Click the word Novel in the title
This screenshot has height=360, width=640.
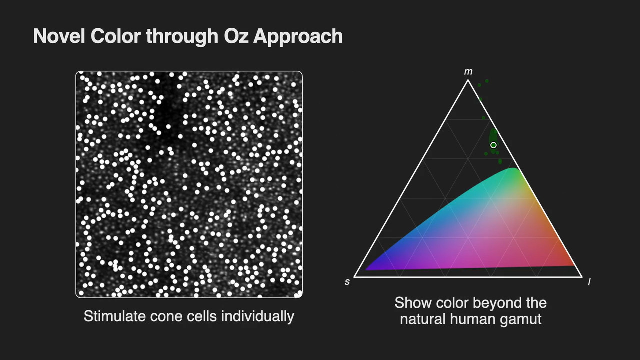[x=59, y=36]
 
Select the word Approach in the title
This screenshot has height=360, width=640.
[x=298, y=37]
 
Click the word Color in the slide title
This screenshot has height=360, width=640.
[x=115, y=36]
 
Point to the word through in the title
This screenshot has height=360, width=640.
[x=182, y=37]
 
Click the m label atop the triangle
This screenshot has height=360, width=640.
[x=468, y=72]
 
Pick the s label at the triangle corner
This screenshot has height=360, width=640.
[x=347, y=282]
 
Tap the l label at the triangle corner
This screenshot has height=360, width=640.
[x=589, y=282]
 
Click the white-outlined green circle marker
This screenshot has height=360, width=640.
[x=493, y=145]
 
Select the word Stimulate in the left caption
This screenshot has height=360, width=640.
[x=115, y=316]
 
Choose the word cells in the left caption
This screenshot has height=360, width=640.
[x=201, y=316]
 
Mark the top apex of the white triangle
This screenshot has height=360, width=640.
[x=468, y=81]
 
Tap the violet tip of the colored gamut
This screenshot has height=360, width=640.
[x=367, y=269]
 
